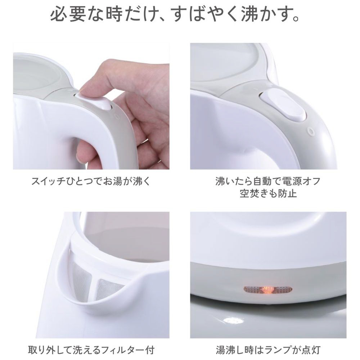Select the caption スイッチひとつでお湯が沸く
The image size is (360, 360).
91,181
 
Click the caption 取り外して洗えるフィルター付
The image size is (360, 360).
91,350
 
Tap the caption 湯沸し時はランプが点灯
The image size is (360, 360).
268,350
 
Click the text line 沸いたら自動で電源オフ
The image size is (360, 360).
268,181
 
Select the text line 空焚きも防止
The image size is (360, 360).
268,194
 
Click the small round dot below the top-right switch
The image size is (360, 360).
310,131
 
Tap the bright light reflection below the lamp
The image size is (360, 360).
231,320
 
